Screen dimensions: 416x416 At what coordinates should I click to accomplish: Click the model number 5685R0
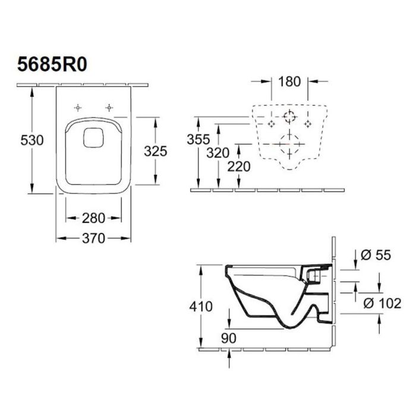[x=49, y=63]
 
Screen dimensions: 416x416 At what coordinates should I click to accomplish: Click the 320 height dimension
[x=219, y=153]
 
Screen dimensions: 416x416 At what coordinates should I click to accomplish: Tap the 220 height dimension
[x=239, y=167]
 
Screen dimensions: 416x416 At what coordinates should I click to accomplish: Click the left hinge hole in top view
[x=77, y=108]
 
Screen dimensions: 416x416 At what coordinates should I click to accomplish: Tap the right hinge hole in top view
[x=109, y=108]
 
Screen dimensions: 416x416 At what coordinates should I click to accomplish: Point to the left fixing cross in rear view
[x=272, y=123]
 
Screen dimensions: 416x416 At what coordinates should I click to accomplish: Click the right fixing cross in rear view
[x=308, y=123]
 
